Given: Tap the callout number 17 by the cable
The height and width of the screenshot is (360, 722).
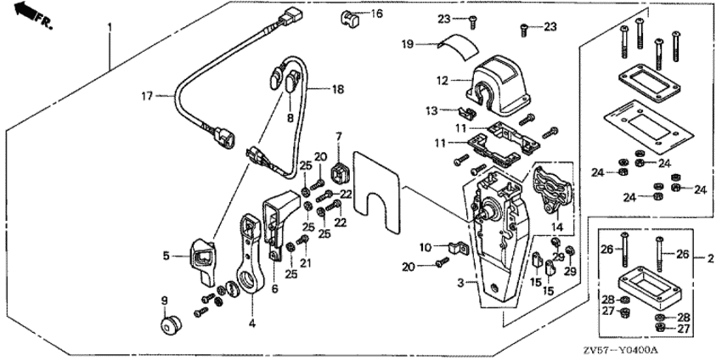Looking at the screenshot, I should (x=146, y=97).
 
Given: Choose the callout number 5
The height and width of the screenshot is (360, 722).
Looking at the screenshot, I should (x=166, y=254).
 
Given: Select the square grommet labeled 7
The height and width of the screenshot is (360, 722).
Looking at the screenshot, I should (x=339, y=173).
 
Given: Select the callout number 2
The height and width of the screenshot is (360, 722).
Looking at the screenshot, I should (x=710, y=256).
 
